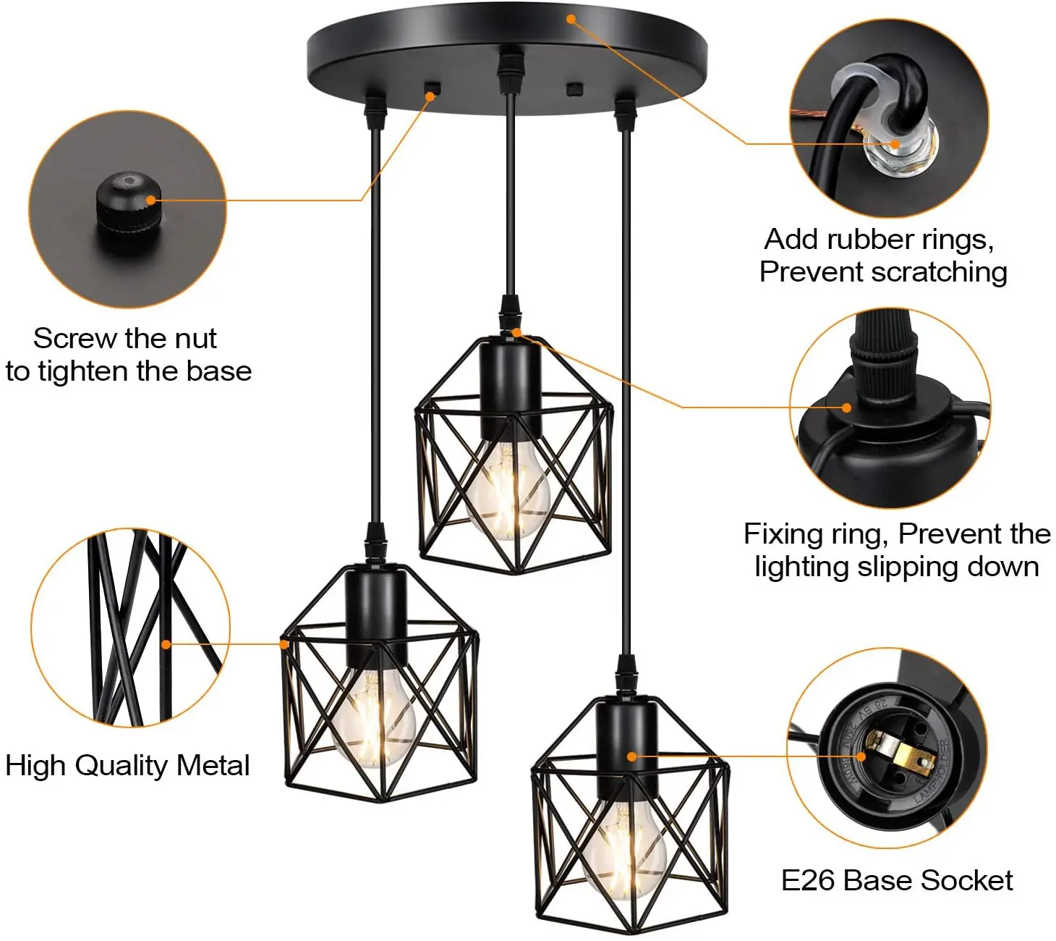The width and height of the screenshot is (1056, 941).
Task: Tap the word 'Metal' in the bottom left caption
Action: coord(213,766)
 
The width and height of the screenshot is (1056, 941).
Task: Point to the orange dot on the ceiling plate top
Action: coord(571,19)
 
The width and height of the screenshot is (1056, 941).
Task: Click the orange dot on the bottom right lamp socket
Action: coord(631,756)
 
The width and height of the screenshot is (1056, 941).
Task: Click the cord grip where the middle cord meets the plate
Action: coord(511,69)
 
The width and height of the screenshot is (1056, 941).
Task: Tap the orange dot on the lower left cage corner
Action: coord(284,643)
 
